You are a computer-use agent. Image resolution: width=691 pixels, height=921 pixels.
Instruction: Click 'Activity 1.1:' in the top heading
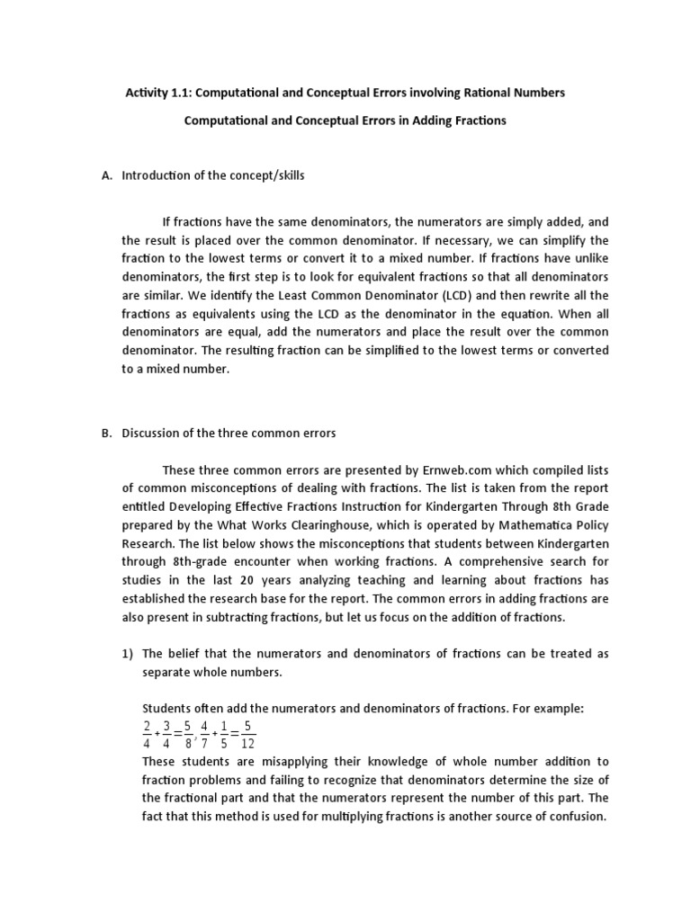157,94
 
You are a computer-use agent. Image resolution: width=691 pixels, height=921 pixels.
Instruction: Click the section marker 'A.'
107,175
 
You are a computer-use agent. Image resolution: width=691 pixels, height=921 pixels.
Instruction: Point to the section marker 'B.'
107,433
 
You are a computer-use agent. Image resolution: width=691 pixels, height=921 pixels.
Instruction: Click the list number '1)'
127,653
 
